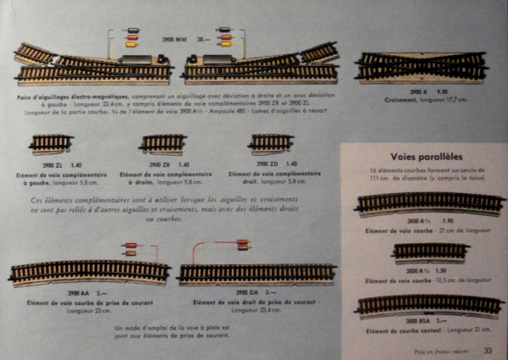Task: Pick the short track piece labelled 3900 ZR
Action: point(163,143)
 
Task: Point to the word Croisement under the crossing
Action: point(403,99)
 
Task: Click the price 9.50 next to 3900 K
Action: point(441,91)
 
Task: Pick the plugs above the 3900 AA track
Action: point(134,249)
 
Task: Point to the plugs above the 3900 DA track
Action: point(242,245)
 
